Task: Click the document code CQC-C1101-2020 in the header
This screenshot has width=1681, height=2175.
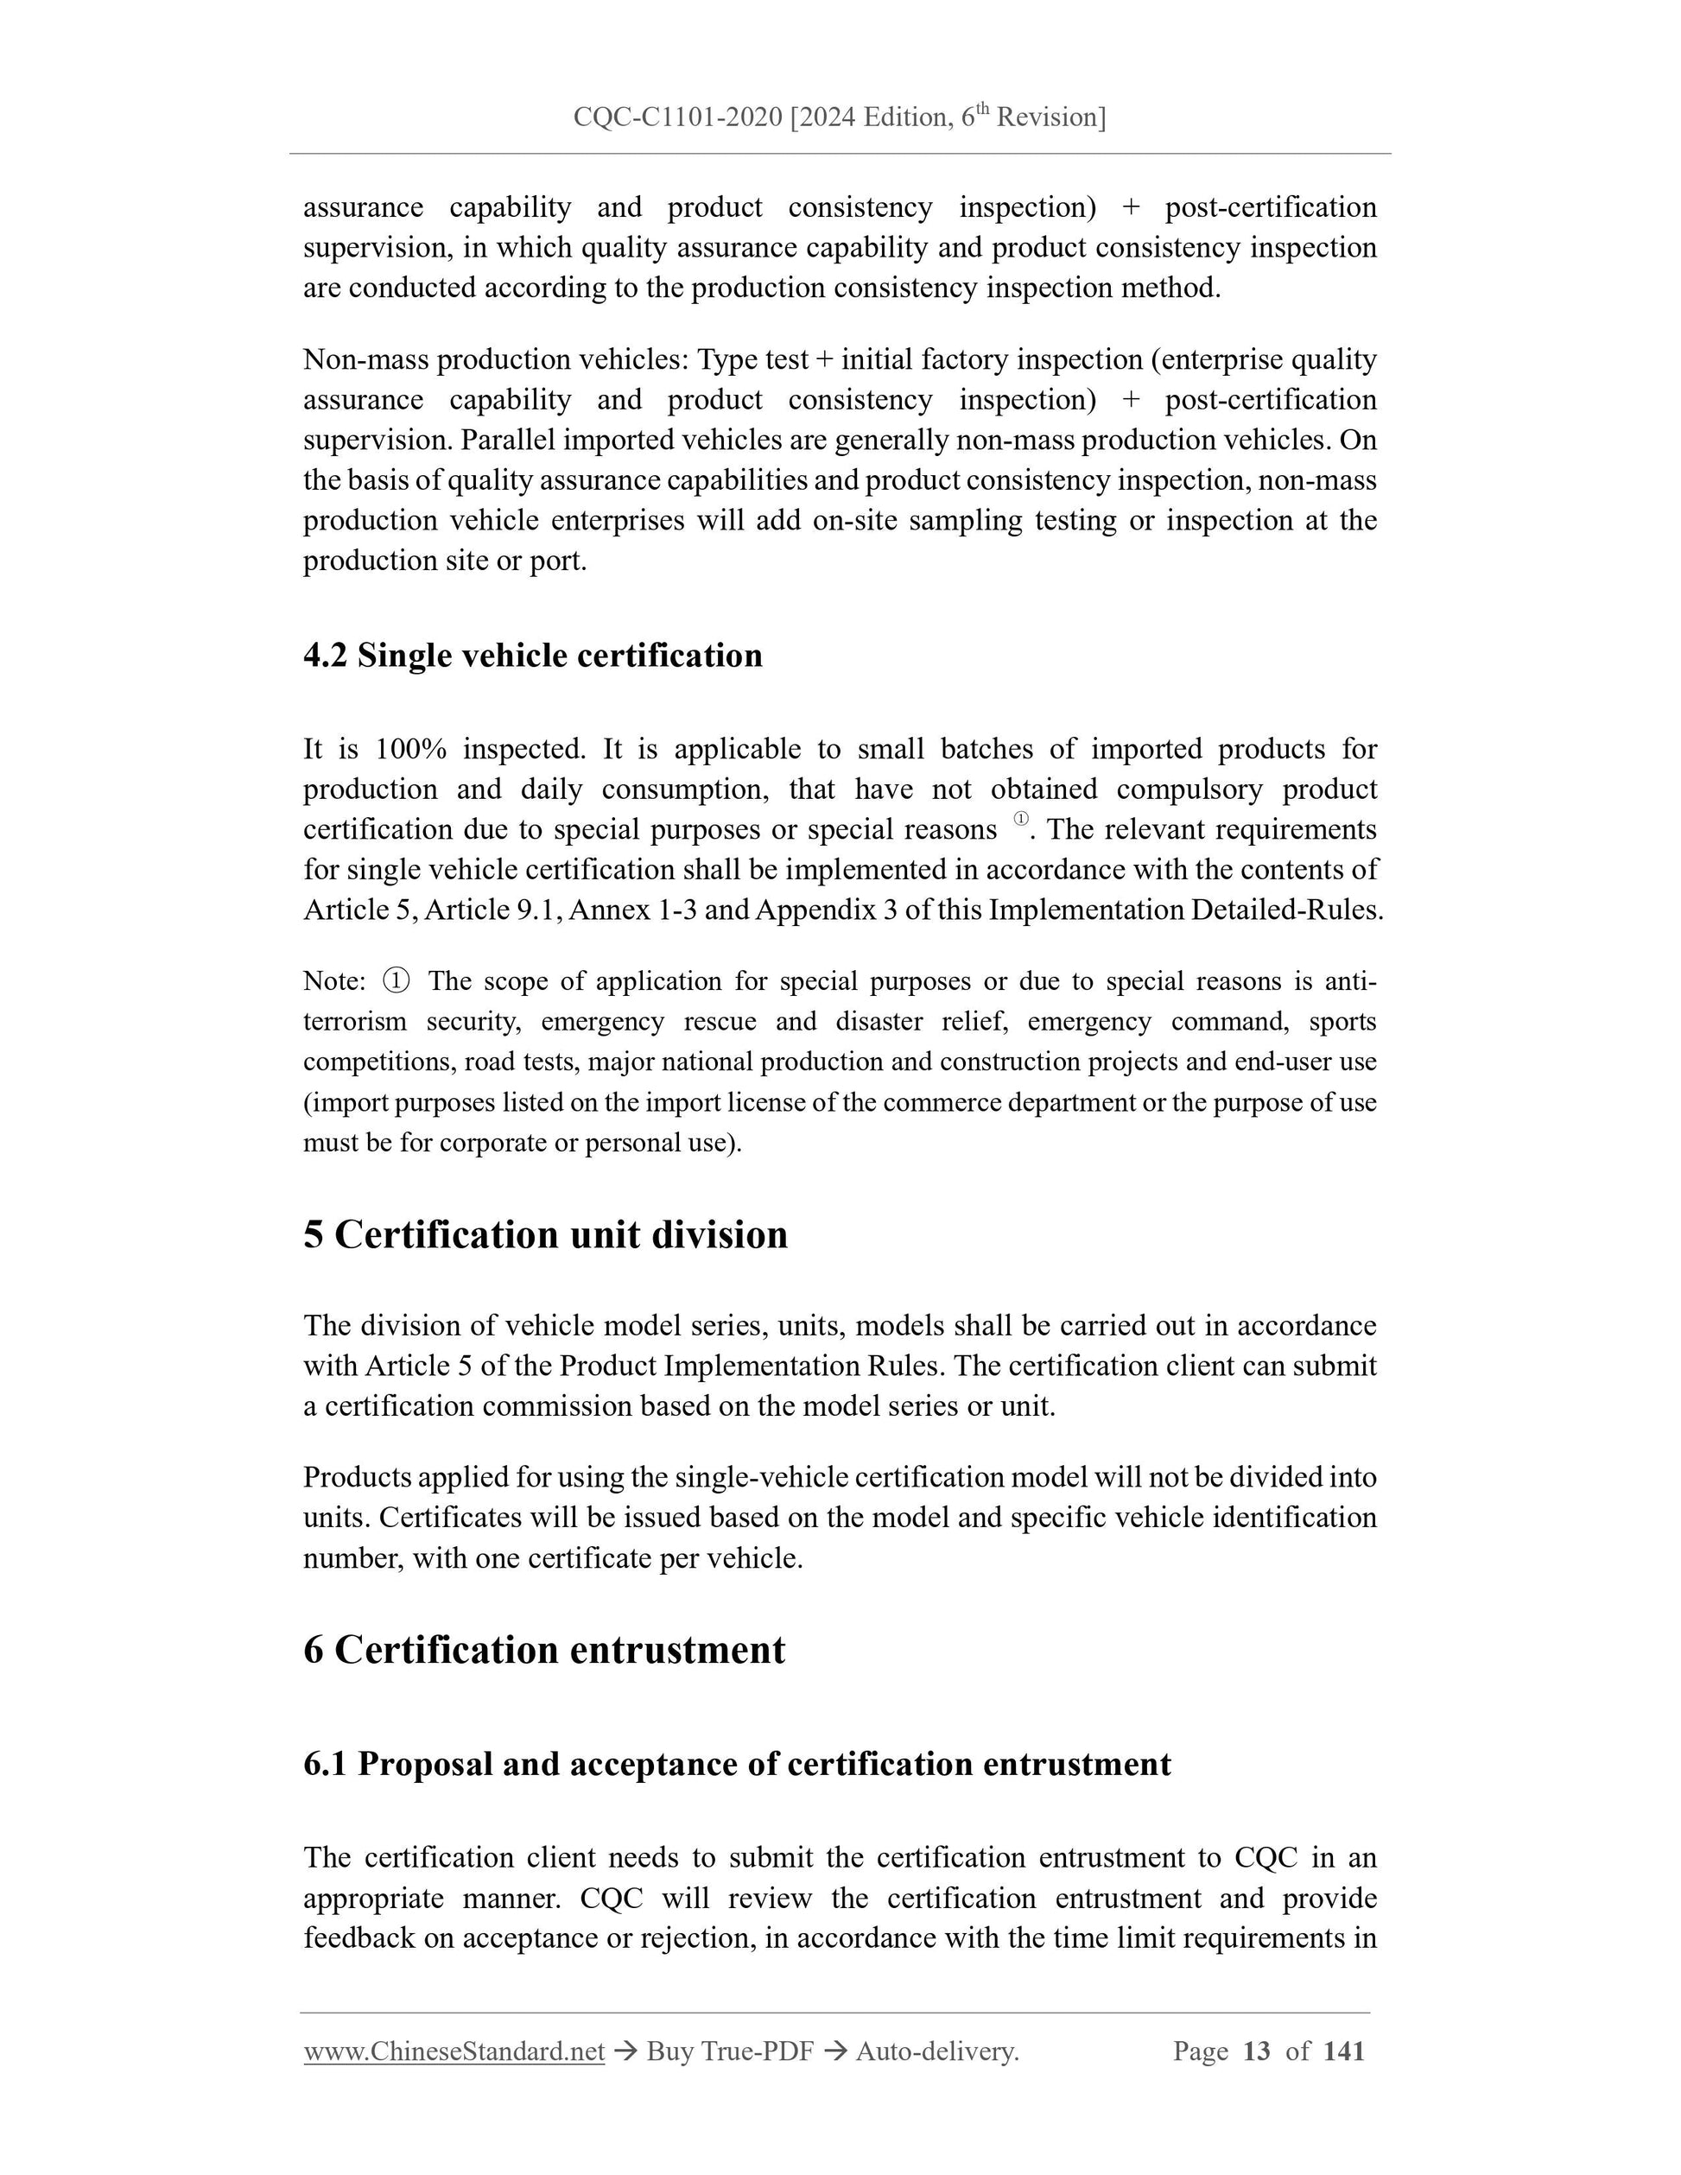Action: click(x=677, y=117)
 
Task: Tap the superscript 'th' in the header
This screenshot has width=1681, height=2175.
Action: click(x=983, y=109)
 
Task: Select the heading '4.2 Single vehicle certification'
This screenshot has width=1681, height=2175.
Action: click(x=533, y=656)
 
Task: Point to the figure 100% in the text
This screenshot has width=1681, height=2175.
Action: click(x=410, y=749)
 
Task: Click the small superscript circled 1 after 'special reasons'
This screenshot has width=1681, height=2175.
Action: click(x=1021, y=820)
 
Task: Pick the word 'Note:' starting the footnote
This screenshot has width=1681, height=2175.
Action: click(x=334, y=981)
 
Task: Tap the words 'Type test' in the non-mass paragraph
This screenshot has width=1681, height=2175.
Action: click(x=752, y=359)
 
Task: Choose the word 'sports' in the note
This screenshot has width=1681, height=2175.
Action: click(x=1342, y=1022)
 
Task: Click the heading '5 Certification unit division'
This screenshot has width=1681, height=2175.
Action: click(x=546, y=1235)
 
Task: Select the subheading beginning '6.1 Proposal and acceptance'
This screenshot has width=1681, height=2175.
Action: click(x=737, y=1764)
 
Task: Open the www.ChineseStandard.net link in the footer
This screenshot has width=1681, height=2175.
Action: click(x=454, y=2051)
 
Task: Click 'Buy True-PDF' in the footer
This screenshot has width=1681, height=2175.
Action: click(x=730, y=2051)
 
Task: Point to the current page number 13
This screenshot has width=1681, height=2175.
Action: click(x=1257, y=2051)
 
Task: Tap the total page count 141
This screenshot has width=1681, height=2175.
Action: click(x=1344, y=2051)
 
